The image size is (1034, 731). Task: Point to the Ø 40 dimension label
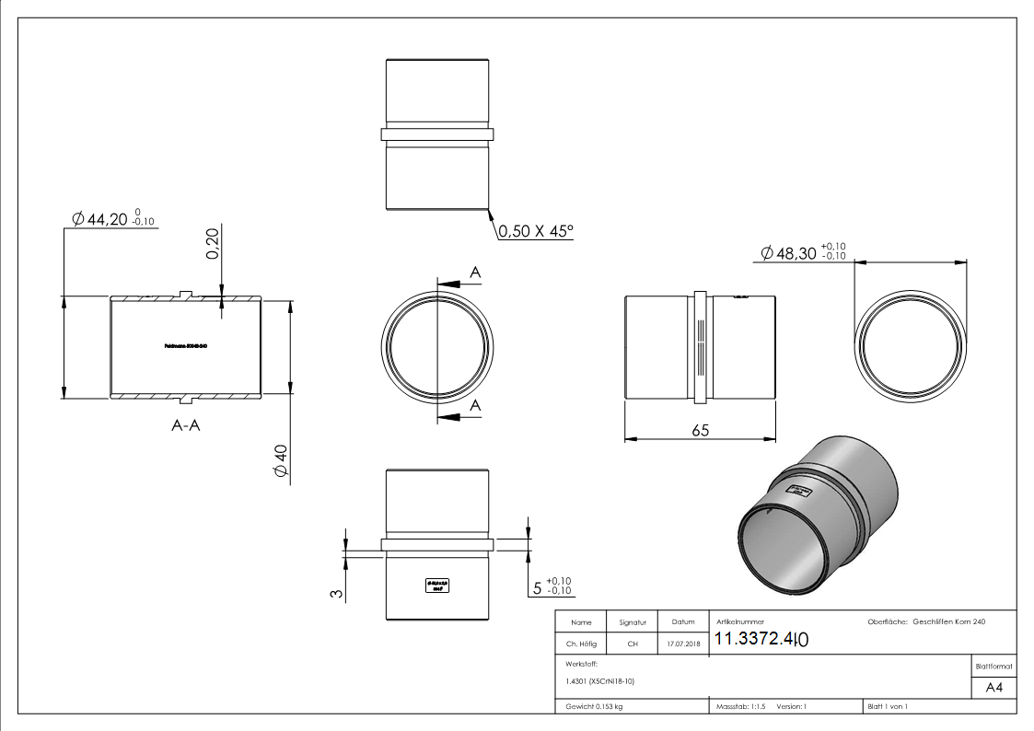pyautogui.click(x=281, y=461)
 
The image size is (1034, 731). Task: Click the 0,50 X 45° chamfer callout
pyautogui.click(x=535, y=231)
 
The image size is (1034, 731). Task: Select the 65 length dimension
pyautogui.click(x=700, y=431)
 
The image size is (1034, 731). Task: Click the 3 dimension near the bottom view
pyautogui.click(x=336, y=593)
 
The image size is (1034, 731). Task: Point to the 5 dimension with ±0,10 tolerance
pyautogui.click(x=552, y=586)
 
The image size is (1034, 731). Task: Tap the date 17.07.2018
pyautogui.click(x=682, y=644)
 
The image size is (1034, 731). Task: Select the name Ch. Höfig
pyautogui.click(x=581, y=644)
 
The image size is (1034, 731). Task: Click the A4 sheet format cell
pyautogui.click(x=993, y=688)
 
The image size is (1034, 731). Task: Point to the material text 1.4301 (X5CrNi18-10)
pyautogui.click(x=599, y=681)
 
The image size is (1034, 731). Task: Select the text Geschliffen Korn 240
pyautogui.click(x=948, y=622)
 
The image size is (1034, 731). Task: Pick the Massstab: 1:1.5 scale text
pyautogui.click(x=741, y=707)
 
